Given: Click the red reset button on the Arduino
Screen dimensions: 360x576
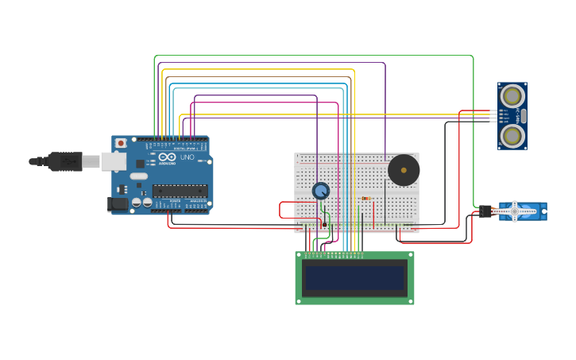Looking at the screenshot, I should [121, 143].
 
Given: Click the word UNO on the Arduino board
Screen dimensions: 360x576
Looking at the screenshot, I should [187, 157].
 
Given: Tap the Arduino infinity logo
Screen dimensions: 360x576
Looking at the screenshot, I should [167, 157].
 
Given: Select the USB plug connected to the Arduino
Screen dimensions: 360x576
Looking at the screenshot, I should [64, 161].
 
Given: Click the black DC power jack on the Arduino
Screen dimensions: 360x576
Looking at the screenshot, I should [118, 204].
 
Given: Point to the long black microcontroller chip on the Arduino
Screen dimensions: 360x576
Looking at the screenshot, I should [180, 191].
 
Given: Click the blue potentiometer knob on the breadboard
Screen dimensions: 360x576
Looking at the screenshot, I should [320, 191].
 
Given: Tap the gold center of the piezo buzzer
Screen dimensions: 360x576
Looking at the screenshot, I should [404, 170].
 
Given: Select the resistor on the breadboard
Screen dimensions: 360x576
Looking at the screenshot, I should [365, 198].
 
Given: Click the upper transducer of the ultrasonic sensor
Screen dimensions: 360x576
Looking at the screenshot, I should [512, 95].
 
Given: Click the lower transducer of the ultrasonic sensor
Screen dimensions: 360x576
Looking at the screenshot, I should [512, 137].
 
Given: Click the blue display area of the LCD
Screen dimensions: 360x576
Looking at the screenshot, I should [354, 278].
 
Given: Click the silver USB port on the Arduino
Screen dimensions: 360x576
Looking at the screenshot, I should [113, 161].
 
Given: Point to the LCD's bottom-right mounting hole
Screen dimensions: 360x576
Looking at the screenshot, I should [410, 300].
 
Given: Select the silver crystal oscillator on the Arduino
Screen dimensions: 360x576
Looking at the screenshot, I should [139, 176].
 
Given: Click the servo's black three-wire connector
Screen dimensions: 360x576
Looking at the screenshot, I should [485, 211].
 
